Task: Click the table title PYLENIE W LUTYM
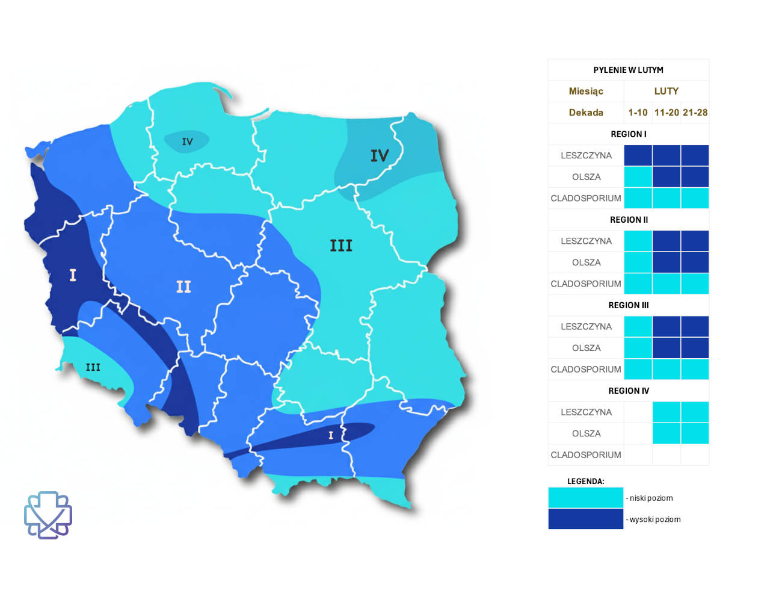628,70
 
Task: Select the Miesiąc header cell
586,91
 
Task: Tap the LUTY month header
666,91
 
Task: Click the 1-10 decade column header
638,113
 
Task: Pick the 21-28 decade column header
695,113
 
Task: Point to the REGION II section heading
629,220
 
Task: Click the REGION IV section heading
629,391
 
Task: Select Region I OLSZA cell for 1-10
638,177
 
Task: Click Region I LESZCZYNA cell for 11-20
667,155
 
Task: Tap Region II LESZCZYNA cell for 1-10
638,241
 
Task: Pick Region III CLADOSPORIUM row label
586,369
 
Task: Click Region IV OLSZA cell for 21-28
695,433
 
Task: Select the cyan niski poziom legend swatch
585,498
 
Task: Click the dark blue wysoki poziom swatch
585,519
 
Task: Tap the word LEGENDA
585,481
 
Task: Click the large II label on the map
183,287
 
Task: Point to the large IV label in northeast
380,156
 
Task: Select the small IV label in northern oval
187,141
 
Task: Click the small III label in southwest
93,367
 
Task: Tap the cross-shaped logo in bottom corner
48,515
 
